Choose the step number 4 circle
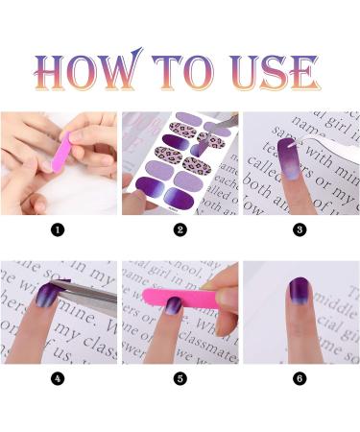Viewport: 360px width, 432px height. click(x=57, y=378)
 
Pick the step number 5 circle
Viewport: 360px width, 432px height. click(x=179, y=378)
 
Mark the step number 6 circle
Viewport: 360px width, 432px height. click(x=299, y=378)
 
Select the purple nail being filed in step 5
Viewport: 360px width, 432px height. click(x=172, y=309)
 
